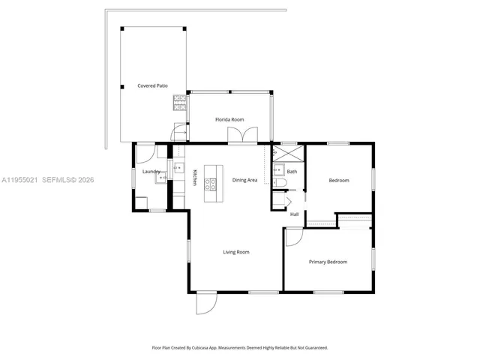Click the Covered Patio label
point(152,86)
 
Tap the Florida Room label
point(229,119)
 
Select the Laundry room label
point(151,172)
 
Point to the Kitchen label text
point(195,177)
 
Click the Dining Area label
point(244,180)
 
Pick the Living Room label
point(235,252)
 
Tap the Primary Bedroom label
point(328,262)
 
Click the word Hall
point(295,214)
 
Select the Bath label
point(292,172)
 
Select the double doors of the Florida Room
point(243,135)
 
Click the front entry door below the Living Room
point(205,303)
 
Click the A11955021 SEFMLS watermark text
point(48,180)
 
